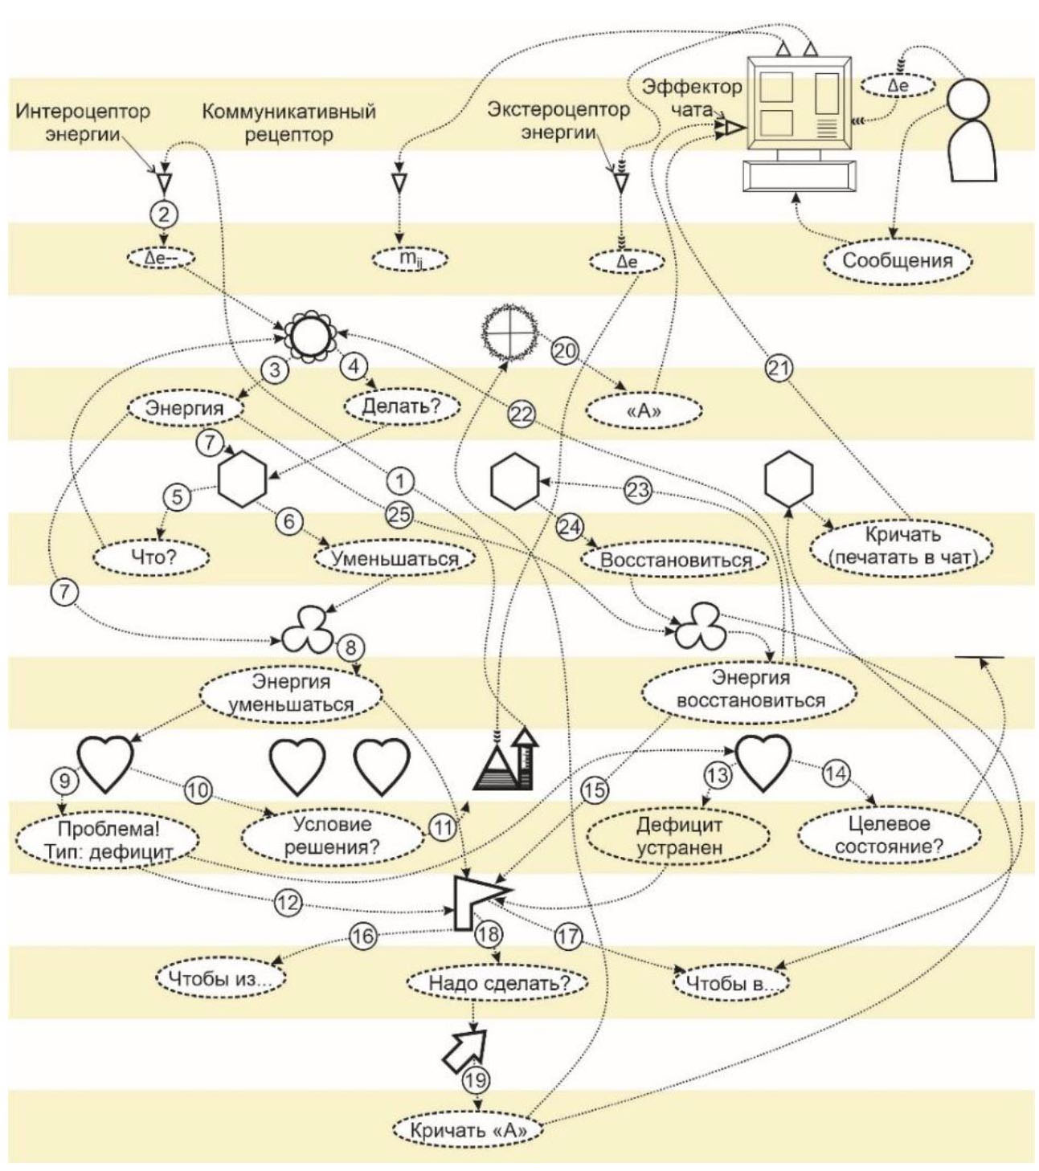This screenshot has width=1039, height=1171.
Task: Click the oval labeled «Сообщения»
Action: (x=897, y=260)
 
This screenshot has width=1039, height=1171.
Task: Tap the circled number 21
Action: (x=778, y=369)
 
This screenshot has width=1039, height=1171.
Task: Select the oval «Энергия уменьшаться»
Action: (x=291, y=693)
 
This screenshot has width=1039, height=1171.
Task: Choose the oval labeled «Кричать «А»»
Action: (x=468, y=1131)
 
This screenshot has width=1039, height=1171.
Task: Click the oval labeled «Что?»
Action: (x=152, y=557)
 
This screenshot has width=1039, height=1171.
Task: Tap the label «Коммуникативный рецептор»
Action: (x=288, y=122)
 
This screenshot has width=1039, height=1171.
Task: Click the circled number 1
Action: (x=399, y=481)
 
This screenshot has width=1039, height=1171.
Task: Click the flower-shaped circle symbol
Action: (x=309, y=336)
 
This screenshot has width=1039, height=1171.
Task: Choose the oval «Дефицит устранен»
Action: (x=679, y=835)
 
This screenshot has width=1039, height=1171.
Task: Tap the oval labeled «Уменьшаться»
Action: (x=395, y=559)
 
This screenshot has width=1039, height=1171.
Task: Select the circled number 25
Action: (x=399, y=514)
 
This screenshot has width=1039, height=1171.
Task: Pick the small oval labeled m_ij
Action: (x=410, y=259)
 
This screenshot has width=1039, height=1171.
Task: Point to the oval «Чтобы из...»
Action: (x=220, y=979)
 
